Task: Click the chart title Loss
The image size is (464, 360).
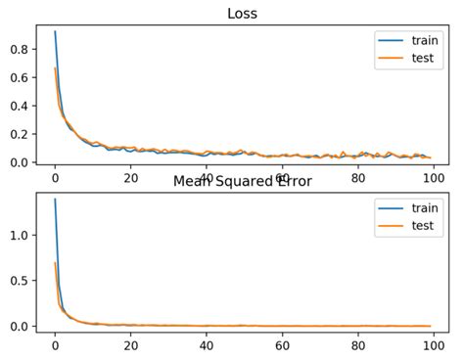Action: click(242, 13)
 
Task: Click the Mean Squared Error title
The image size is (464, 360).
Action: click(242, 181)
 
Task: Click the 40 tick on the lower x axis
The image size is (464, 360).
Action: click(207, 345)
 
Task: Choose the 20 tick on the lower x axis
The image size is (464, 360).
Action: click(130, 345)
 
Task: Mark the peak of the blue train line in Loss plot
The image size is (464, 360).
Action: click(55, 31)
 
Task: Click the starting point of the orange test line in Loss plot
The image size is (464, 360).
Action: click(55, 67)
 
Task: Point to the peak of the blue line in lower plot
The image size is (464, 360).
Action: click(55, 200)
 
